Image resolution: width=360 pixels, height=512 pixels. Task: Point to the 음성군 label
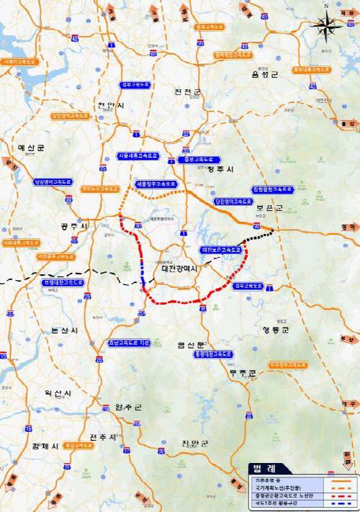tap(264, 73)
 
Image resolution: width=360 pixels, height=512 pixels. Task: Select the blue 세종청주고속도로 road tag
tap(154, 184)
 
